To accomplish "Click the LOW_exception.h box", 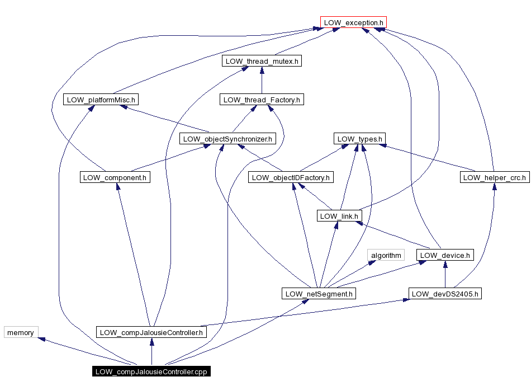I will tap(353, 23).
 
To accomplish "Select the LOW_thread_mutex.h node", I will tap(262, 61).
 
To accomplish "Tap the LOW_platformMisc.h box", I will tap(101, 100).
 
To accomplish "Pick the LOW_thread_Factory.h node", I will tap(262, 100).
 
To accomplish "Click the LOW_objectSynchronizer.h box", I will tap(227, 139).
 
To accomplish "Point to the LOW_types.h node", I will tap(360, 139).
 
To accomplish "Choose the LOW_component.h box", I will tap(115, 177).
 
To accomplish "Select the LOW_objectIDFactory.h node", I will tap(291, 177).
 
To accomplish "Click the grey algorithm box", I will tap(386, 255).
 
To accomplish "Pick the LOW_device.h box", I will tap(445, 255).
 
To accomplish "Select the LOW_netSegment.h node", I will tap(319, 294).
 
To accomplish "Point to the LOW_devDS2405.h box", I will tap(445, 294).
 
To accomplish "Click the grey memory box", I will tap(21, 332).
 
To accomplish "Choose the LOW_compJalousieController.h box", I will tap(151, 332).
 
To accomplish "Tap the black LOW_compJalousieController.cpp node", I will tap(151, 371).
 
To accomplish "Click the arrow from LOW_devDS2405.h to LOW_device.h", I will tap(445, 275).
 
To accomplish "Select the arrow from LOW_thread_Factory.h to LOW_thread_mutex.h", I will tap(262, 81).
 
